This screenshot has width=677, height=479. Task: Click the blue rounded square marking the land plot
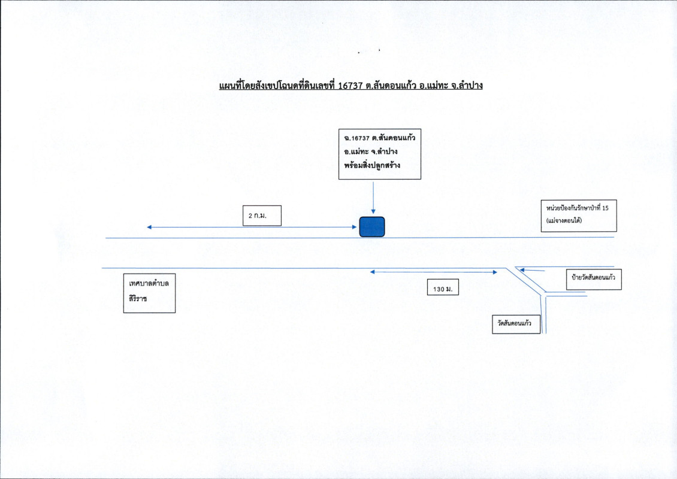pos(371,227)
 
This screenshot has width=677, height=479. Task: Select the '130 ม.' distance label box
pos(442,288)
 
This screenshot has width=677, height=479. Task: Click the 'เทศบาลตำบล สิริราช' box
pos(148,293)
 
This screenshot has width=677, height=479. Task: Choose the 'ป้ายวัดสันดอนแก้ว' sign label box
pos(594,279)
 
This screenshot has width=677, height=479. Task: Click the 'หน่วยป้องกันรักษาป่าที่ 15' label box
pos(578,214)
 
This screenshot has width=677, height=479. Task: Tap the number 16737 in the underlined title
pos(350,86)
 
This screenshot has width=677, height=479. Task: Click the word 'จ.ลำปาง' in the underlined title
pos(467,86)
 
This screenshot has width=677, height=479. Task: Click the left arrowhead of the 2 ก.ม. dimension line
pos(149,228)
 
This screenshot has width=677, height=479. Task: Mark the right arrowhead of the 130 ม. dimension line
pos(495,272)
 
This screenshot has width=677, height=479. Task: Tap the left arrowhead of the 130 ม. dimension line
pos(373,272)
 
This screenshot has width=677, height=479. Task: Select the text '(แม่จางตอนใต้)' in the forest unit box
pos(564,221)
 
